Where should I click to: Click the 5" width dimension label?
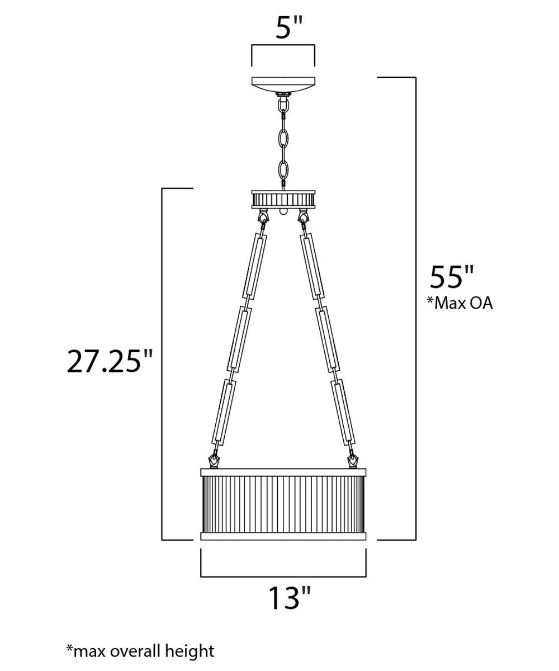[x=283, y=28]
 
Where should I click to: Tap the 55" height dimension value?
[x=452, y=277]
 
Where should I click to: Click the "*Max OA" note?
[x=459, y=304]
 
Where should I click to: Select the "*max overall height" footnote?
[x=140, y=650]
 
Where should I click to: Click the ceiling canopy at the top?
[x=283, y=84]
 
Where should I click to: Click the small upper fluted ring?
[x=283, y=198]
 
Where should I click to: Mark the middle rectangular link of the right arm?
[x=327, y=339]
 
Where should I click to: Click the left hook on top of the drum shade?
[x=213, y=461]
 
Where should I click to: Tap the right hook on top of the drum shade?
[x=353, y=461]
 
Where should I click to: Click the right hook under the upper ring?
[x=304, y=216]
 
